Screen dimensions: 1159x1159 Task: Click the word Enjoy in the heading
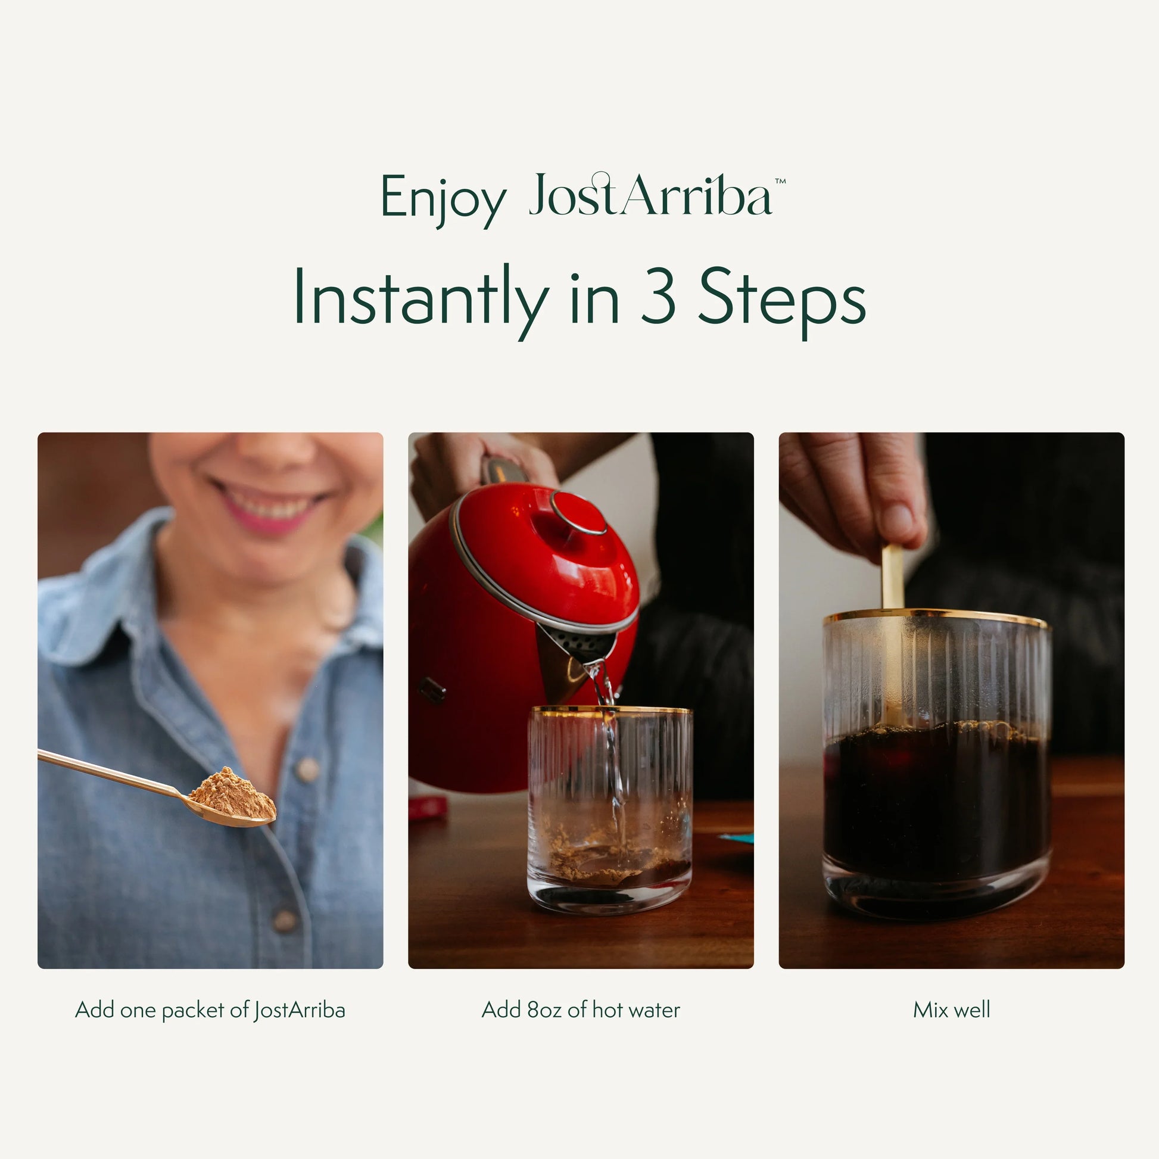coord(443,198)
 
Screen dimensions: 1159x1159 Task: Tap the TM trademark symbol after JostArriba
coord(780,180)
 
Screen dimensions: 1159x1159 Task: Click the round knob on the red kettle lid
coord(579,513)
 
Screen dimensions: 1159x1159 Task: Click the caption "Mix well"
coord(951,1010)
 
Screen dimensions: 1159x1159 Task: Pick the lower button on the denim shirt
coord(284,918)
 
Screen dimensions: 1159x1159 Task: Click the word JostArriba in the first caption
coord(300,1010)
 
